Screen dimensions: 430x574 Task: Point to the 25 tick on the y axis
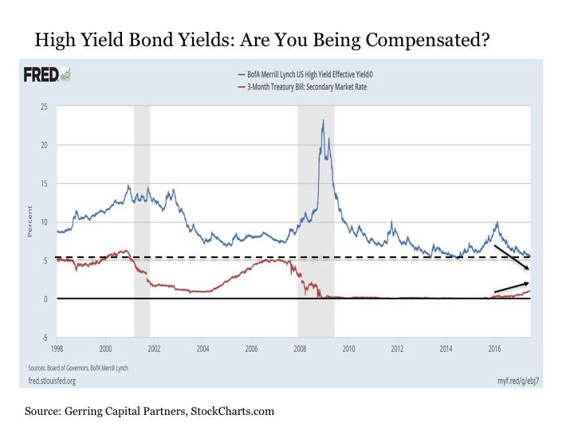point(45,106)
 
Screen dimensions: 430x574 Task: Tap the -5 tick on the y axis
point(45,338)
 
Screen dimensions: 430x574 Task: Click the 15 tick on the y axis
point(45,183)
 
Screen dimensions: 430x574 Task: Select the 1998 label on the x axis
point(57,348)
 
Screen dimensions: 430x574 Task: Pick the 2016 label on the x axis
point(494,348)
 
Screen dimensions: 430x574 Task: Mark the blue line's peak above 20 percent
point(323,120)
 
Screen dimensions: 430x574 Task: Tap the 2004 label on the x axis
point(203,348)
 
